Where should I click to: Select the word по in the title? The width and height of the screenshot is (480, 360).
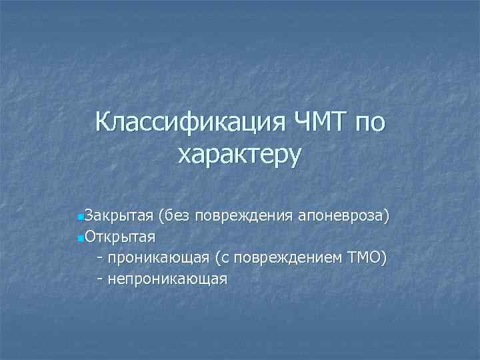pyautogui.click(x=367, y=123)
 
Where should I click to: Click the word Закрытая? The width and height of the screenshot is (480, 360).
pyautogui.click(x=118, y=217)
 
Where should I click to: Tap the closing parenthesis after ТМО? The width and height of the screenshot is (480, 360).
pyautogui.click(x=383, y=257)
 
